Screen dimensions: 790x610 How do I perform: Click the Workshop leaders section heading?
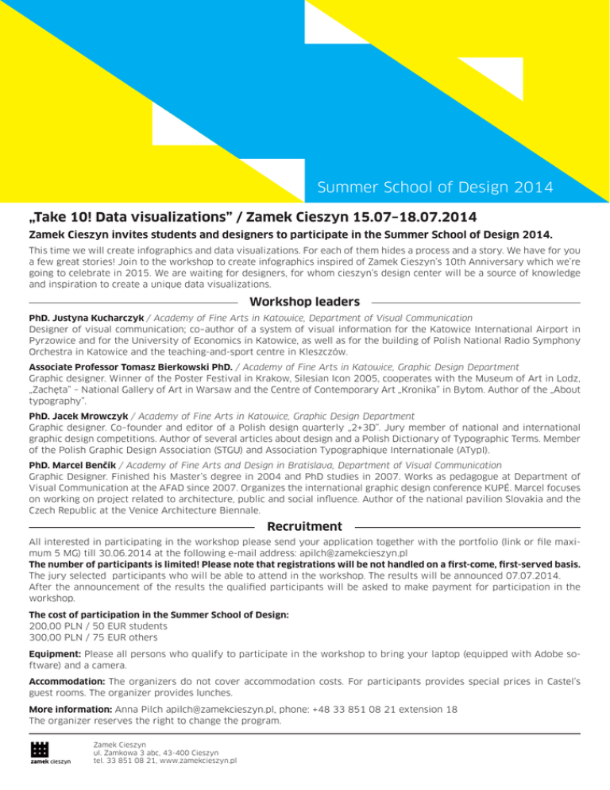pos(304,302)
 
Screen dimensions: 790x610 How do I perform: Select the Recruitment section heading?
pos(305,526)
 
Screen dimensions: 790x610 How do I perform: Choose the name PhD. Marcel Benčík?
pos(69,465)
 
